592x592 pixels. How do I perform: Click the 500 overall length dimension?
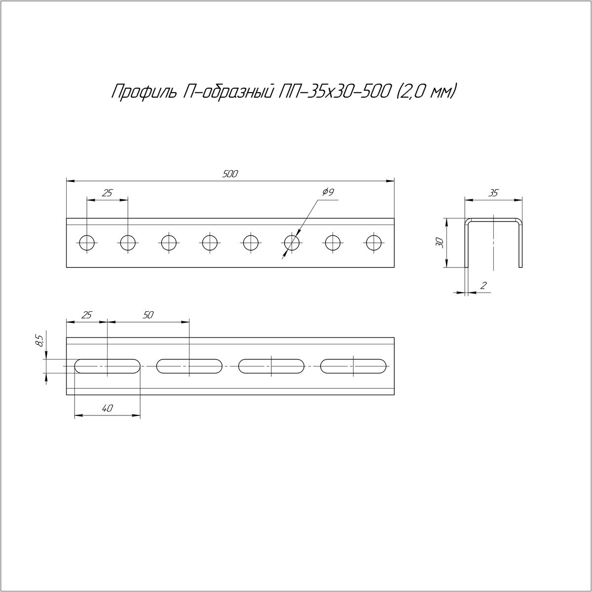click(x=230, y=174)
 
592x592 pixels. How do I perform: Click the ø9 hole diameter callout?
click(x=328, y=192)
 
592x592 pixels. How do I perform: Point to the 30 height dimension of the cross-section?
click(x=440, y=243)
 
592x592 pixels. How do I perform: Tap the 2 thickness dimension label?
click(x=483, y=286)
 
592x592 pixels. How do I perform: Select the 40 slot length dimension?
click(x=108, y=408)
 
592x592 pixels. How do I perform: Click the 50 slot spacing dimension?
click(x=148, y=315)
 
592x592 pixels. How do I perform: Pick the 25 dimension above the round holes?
click(x=107, y=193)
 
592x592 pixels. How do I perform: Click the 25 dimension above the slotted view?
click(x=87, y=315)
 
